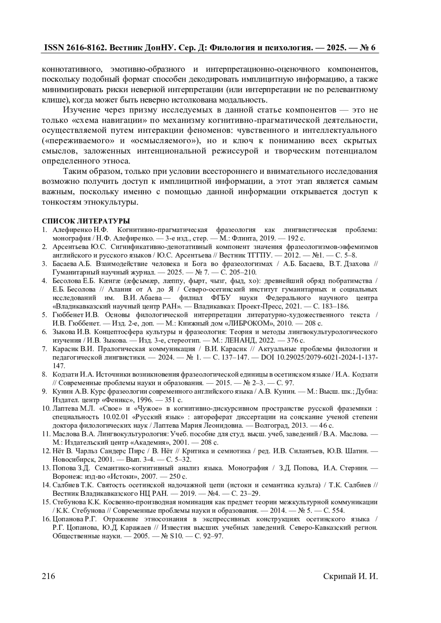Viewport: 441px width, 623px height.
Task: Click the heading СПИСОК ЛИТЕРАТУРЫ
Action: click(86, 221)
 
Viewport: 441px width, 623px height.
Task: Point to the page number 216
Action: click(49, 576)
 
